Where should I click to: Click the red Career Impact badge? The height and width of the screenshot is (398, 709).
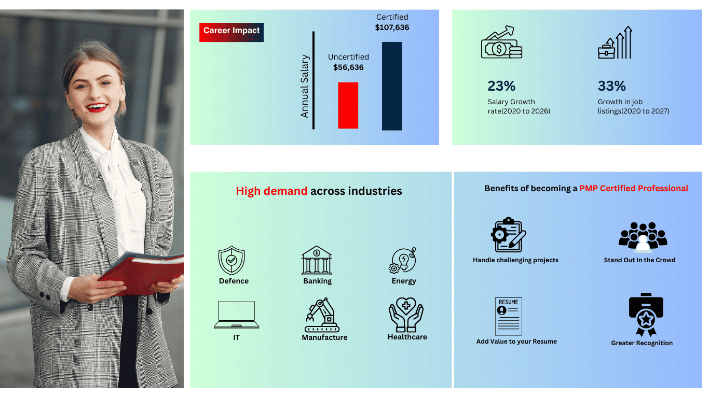tap(231, 32)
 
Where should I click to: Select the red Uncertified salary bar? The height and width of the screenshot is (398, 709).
tap(348, 106)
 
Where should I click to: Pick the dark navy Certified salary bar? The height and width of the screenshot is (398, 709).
tap(392, 86)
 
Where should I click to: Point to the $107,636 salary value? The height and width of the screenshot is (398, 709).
tap(392, 27)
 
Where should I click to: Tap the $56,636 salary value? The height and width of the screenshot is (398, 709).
tap(348, 67)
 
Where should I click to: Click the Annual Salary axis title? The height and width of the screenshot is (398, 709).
tap(305, 86)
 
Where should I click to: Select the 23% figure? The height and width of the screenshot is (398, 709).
tap(501, 86)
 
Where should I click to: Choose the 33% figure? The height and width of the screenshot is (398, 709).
tap(611, 86)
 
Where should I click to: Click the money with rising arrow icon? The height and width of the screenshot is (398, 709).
tap(502, 42)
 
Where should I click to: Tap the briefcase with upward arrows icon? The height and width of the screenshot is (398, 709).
tap(615, 42)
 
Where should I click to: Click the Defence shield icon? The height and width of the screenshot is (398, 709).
tap(231, 260)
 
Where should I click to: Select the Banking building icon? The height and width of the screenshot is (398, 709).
tap(317, 261)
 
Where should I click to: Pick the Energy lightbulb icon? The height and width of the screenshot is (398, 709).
tap(402, 260)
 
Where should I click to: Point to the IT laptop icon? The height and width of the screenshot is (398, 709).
tap(237, 315)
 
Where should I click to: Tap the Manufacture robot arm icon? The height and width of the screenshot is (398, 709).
tap(322, 315)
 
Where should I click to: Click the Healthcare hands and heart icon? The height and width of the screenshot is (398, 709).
tap(406, 315)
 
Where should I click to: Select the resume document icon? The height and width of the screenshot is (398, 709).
tap(508, 316)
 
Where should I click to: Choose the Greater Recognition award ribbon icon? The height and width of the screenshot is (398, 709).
tap(646, 315)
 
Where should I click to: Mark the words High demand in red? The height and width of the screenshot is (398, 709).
tap(271, 191)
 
